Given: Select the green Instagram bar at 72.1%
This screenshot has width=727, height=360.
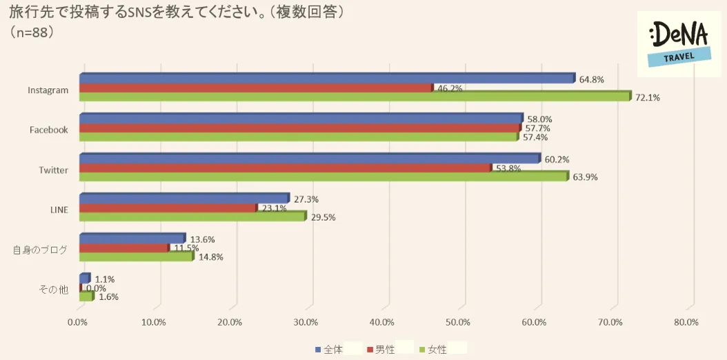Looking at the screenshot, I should click(x=355, y=97).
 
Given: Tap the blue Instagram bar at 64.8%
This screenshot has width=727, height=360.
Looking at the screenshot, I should click(x=327, y=79).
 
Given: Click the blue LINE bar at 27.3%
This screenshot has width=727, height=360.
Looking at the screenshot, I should click(x=184, y=199).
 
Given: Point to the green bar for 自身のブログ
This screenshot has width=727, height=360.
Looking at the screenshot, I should click(x=136, y=257).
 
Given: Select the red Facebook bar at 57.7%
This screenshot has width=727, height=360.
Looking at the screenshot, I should click(x=300, y=128).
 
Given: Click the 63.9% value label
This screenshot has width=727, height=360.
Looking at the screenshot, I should click(x=584, y=177).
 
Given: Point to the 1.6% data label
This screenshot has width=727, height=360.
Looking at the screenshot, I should click(x=108, y=297).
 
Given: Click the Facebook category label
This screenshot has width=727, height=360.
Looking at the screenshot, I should click(x=48, y=130).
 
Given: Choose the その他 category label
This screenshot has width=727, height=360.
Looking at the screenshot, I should click(x=54, y=290).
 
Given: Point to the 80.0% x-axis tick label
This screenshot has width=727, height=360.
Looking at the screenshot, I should click(x=686, y=322).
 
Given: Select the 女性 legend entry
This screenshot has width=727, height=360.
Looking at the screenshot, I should click(x=432, y=350).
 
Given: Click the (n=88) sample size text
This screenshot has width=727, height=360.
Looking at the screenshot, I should click(x=32, y=32).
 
